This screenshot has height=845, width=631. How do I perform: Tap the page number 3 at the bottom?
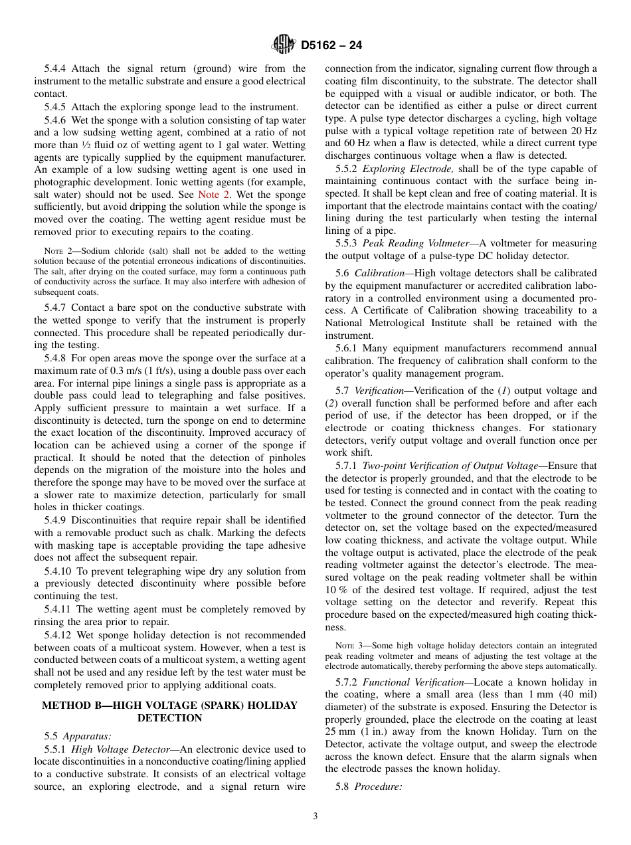click(x=315, y=816)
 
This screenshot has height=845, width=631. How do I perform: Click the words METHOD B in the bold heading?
click(x=70, y=705)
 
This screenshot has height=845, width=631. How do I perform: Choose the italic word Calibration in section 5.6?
click(x=379, y=273)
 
